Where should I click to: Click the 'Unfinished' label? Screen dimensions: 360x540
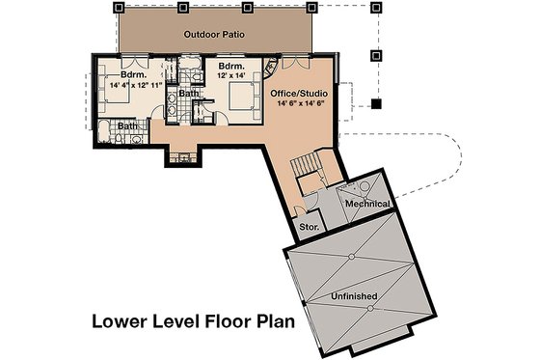[352, 294]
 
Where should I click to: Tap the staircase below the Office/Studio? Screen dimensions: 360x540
[310, 171]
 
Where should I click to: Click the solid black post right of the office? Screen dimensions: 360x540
[377, 101]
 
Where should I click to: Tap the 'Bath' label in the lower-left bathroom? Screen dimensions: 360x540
[127, 125]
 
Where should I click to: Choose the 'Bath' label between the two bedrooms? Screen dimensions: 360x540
[187, 94]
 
